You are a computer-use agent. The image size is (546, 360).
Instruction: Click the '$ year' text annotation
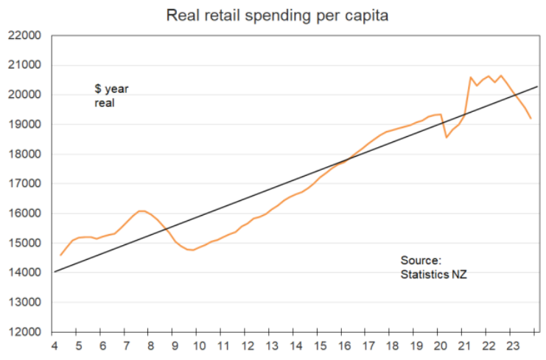[111, 88]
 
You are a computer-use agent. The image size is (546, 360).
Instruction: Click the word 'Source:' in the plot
[420, 261]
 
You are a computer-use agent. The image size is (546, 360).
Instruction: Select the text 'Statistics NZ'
[433, 275]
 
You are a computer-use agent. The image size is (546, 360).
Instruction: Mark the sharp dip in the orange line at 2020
[446, 137]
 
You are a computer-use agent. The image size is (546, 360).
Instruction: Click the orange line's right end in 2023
[531, 119]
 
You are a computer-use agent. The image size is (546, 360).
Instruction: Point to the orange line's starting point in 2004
[60, 255]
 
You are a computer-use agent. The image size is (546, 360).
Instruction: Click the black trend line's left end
[55, 272]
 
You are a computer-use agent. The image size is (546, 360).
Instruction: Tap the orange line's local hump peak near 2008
[141, 211]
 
